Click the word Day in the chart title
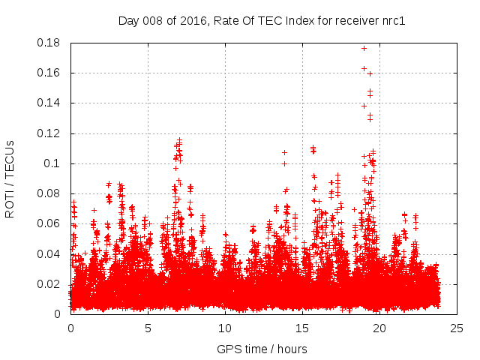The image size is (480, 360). click(128, 20)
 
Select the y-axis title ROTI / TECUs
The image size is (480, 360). click(10, 178)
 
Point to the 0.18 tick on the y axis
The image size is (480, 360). click(49, 43)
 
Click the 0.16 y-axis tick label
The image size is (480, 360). click(49, 73)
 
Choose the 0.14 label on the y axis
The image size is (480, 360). click(49, 103)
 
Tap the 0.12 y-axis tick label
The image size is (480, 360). click(49, 133)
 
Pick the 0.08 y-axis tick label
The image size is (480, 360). click(49, 193)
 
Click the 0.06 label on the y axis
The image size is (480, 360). click(49, 223)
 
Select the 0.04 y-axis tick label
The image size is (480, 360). click(49, 253)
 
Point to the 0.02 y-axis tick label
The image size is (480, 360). click(49, 283)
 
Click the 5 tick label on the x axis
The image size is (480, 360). click(148, 328)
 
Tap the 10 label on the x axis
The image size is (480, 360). click(225, 328)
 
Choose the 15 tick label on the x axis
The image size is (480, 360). click(302, 328)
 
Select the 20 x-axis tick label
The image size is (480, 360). click(379, 328)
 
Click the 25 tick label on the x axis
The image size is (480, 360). click(457, 328)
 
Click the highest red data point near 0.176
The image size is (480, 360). click(364, 48)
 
